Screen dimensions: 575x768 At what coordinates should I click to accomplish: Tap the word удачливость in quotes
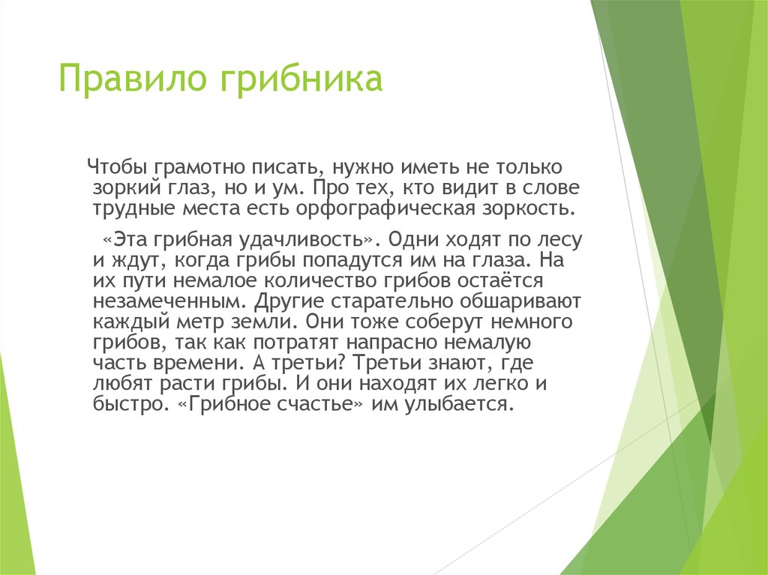pos(312,241)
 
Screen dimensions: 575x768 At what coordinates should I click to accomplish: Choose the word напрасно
pos(397,343)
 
